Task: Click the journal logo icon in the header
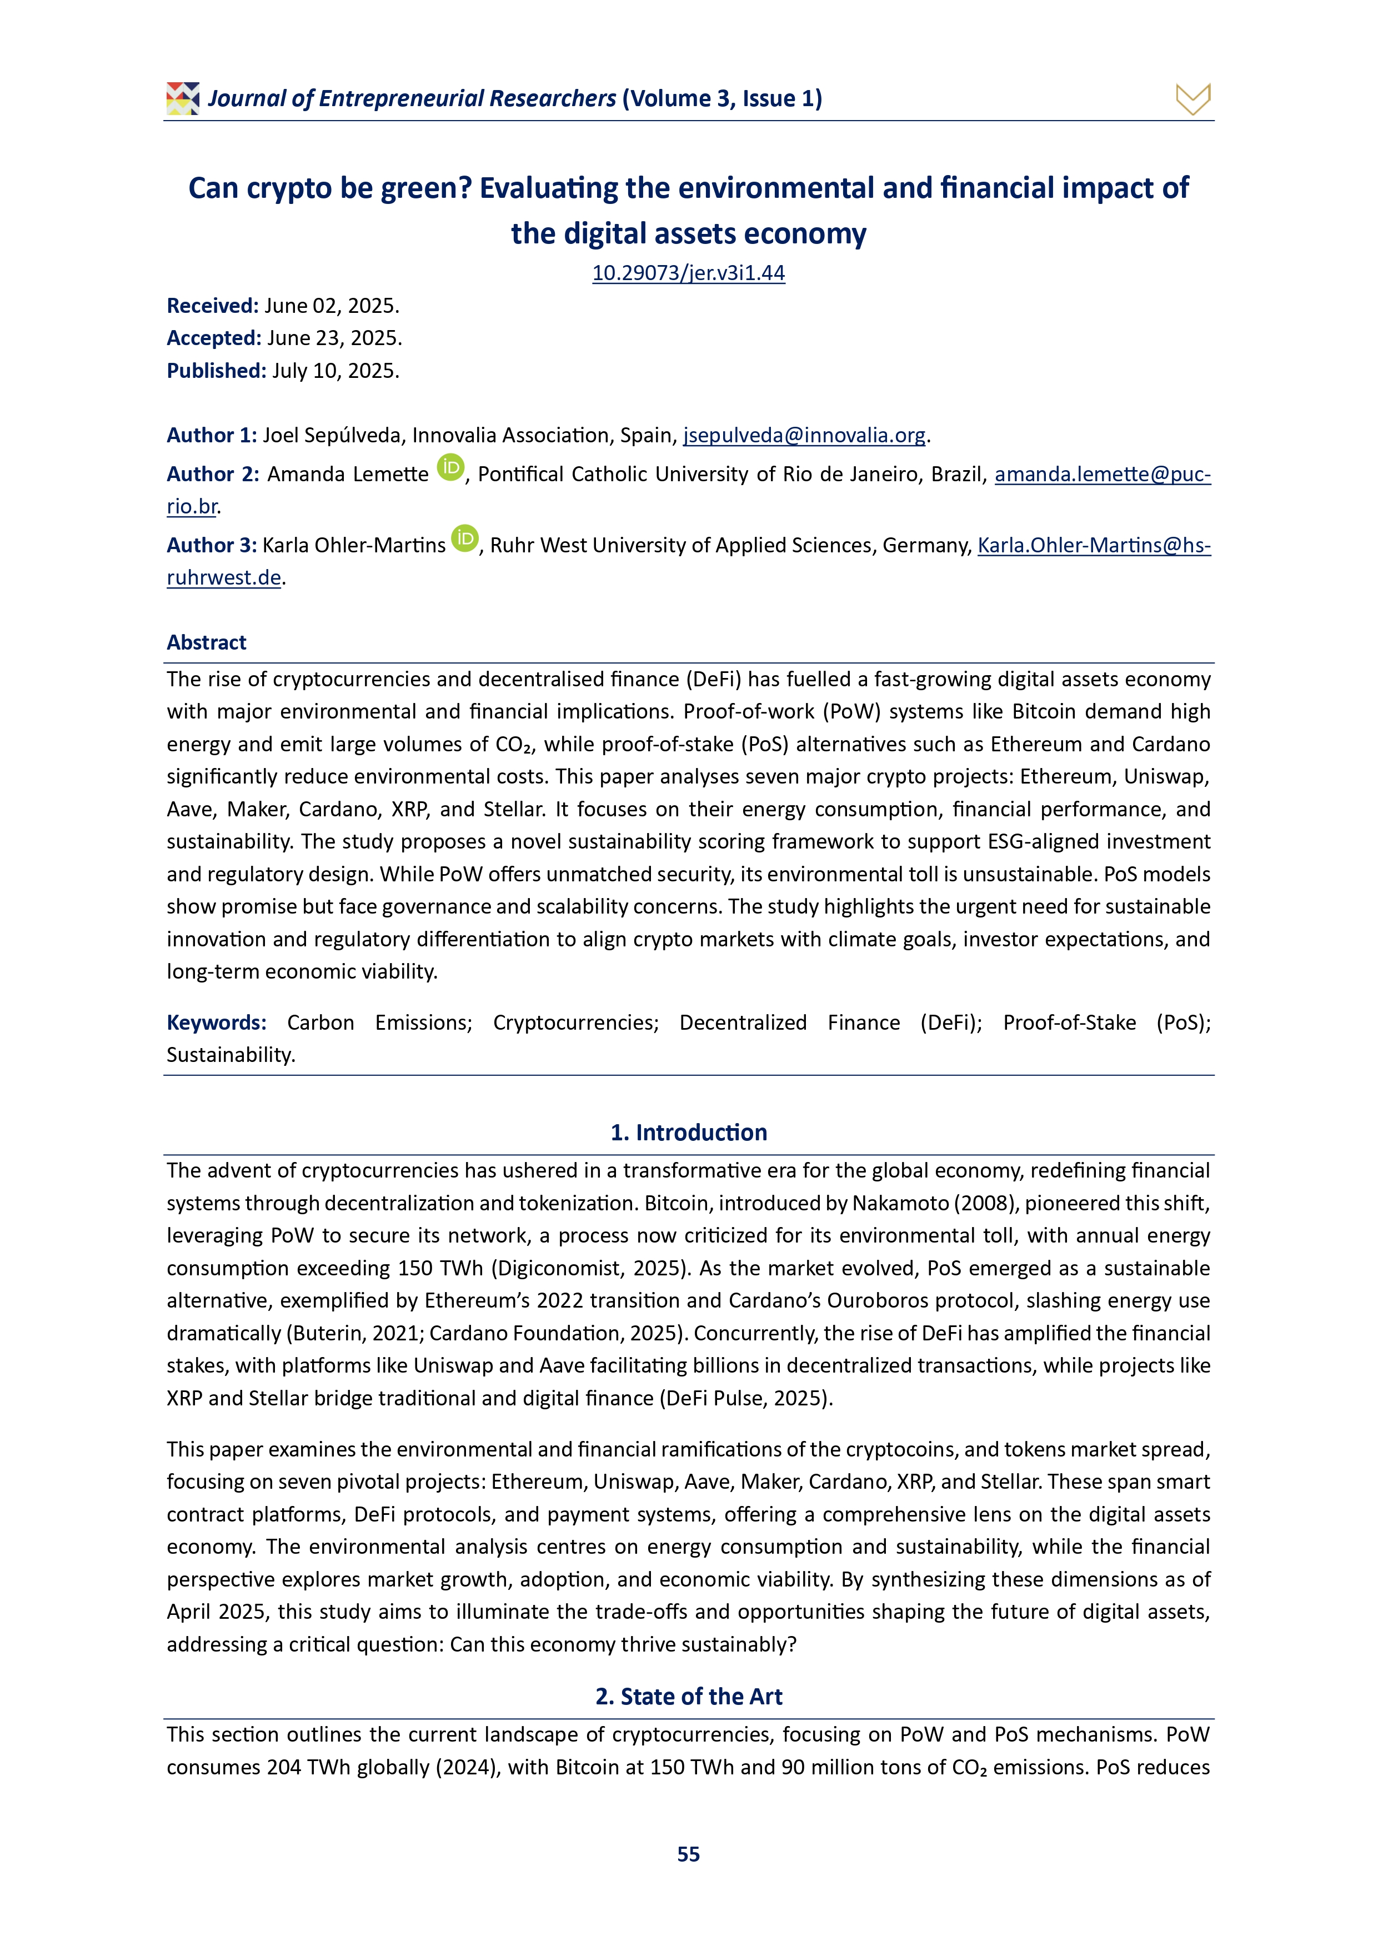click(183, 98)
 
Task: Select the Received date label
click(212, 306)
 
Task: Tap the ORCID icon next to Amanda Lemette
click(451, 467)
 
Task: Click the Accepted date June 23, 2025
click(334, 338)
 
